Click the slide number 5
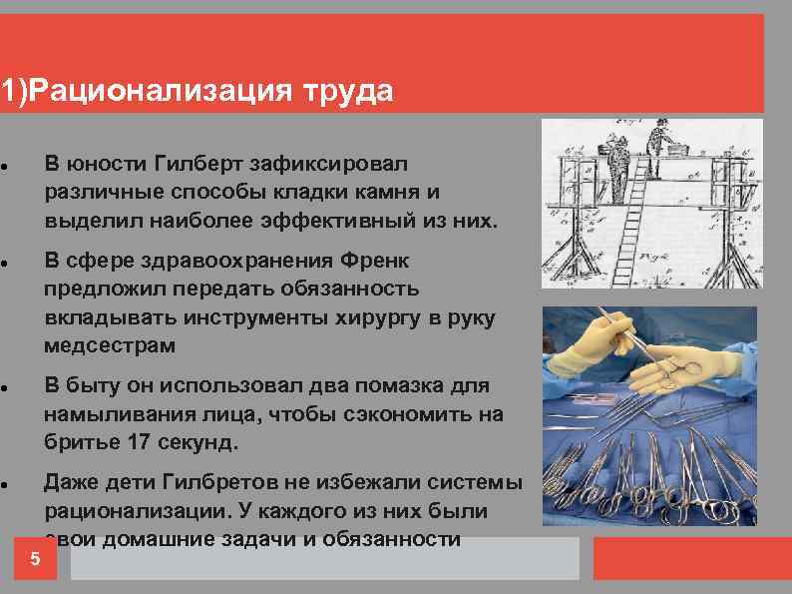35,559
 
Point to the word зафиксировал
343,163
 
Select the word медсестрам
109,345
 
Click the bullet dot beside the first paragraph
6,164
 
